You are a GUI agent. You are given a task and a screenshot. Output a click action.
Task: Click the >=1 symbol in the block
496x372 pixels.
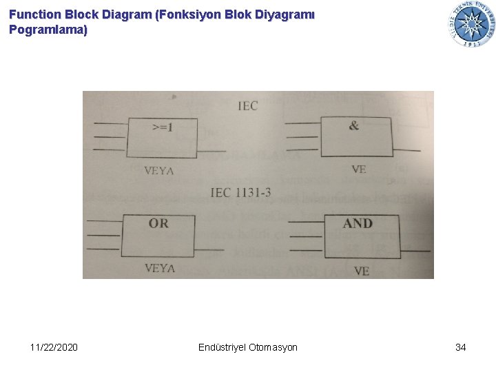[163, 127]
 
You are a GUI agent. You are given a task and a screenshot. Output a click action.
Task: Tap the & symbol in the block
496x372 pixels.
[354, 125]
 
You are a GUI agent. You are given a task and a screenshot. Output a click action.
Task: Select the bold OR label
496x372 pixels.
[158, 223]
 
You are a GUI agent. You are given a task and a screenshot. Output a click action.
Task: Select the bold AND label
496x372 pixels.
[358, 223]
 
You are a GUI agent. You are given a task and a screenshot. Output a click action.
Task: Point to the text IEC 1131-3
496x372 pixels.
[240, 192]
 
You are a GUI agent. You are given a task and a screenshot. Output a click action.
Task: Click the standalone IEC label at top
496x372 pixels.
[248, 105]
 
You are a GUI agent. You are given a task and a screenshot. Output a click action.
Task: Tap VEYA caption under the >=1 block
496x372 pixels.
[159, 170]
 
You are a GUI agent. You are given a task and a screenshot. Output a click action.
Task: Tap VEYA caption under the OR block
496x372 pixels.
[160, 268]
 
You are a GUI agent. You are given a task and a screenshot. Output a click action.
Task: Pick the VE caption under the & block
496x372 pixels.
[359, 169]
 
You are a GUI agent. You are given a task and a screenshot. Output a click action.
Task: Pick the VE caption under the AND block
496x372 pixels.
[362, 271]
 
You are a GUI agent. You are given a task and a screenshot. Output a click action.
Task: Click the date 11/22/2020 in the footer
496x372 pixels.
[54, 347]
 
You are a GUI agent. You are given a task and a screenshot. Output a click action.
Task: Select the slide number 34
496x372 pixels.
[460, 347]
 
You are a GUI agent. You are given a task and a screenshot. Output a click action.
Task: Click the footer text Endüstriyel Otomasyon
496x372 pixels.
[247, 347]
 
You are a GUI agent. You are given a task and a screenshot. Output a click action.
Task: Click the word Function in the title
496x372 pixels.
[32, 14]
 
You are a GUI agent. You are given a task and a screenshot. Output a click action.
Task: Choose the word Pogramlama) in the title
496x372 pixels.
[48, 30]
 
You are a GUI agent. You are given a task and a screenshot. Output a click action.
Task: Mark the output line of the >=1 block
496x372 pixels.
[211, 151]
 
